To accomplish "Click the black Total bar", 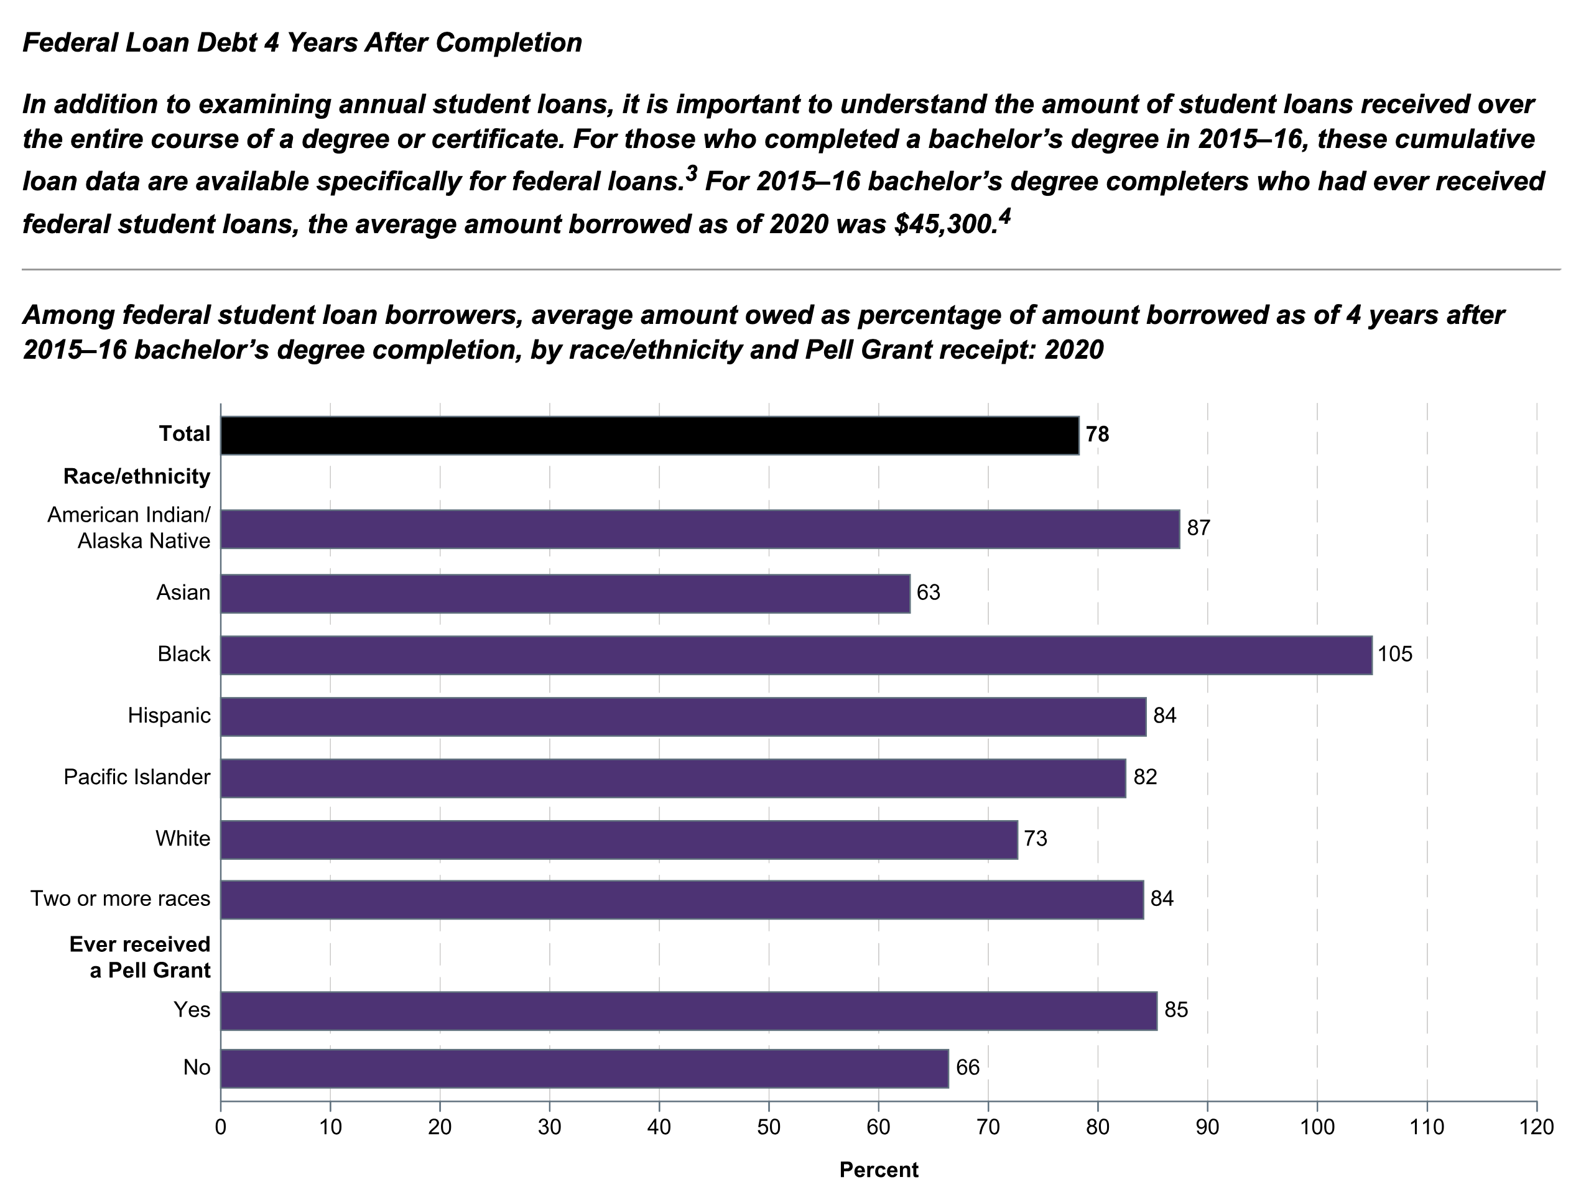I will pyautogui.click(x=649, y=435).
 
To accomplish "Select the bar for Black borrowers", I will pyautogui.click(x=795, y=655).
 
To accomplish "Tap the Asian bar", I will pyautogui.click(x=565, y=593).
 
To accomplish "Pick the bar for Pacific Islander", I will pyautogui.click(x=672, y=778).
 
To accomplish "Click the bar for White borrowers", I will pyautogui.click(x=618, y=839).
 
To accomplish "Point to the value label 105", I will pyautogui.click(x=1395, y=655).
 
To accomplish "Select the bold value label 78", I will pyautogui.click(x=1097, y=435).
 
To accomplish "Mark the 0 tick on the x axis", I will pyautogui.click(x=221, y=1128).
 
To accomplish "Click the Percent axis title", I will pyautogui.click(x=878, y=1170).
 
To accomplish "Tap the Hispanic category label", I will pyautogui.click(x=169, y=716).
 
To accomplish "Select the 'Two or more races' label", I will pyautogui.click(x=120, y=899).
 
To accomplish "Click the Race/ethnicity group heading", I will pyautogui.click(x=136, y=477).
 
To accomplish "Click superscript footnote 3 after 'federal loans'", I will pyautogui.click(x=691, y=173).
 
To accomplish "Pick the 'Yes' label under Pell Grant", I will pyautogui.click(x=192, y=1010).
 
